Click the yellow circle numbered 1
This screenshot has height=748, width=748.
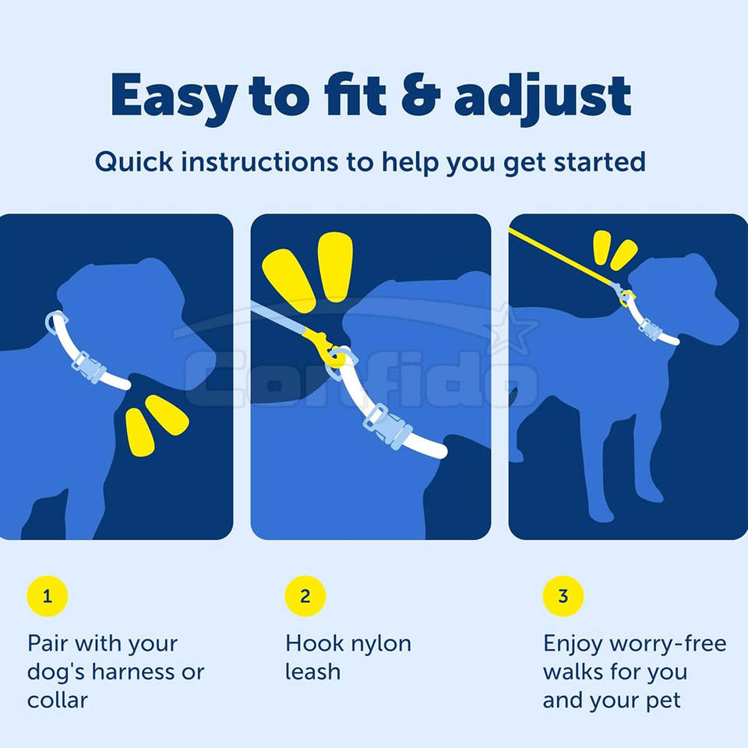coord(48,596)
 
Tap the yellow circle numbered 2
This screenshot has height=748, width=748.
coord(305,596)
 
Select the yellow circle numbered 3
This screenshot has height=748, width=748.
coord(563,596)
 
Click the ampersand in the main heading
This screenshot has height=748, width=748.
coord(420,95)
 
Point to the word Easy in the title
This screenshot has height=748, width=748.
coord(174,99)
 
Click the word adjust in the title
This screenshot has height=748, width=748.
coord(543,98)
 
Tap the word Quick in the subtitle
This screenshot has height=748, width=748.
coord(134,162)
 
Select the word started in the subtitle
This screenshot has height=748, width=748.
coord(600,162)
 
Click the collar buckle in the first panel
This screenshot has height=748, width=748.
coord(89,367)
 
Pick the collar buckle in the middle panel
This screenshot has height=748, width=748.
coord(387,427)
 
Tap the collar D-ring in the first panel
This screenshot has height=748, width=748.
coord(55,322)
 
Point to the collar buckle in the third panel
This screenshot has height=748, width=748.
coord(650,329)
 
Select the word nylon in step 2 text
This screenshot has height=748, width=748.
coord(381,645)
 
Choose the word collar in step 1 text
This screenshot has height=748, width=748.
coord(58,700)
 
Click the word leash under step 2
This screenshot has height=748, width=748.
coord(313,672)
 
